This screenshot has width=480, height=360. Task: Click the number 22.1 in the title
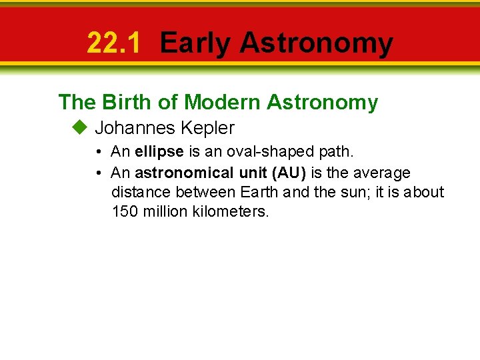tap(114, 43)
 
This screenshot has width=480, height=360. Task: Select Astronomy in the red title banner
tap(316, 43)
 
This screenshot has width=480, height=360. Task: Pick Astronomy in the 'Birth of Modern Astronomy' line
tap(322, 102)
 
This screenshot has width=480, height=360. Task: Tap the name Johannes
tap(135, 127)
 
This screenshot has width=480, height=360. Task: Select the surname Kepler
tap(207, 127)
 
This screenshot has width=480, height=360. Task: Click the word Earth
tap(257, 193)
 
